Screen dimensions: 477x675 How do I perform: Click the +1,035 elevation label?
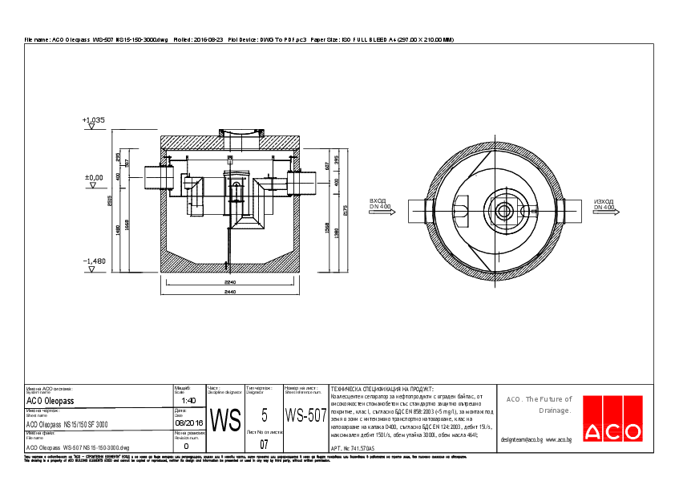click(x=94, y=119)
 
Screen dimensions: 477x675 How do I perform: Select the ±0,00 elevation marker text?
click(x=94, y=177)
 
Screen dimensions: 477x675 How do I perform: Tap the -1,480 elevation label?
click(x=94, y=261)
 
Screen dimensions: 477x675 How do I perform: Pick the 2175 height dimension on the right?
click(x=345, y=210)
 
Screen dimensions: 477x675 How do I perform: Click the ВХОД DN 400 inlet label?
click(x=379, y=204)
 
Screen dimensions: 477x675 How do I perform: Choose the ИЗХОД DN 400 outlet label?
click(x=604, y=204)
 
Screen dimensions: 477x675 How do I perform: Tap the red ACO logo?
click(x=612, y=418)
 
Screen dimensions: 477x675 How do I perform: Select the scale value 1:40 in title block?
click(x=189, y=400)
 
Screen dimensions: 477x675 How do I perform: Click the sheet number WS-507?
click(x=305, y=415)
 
